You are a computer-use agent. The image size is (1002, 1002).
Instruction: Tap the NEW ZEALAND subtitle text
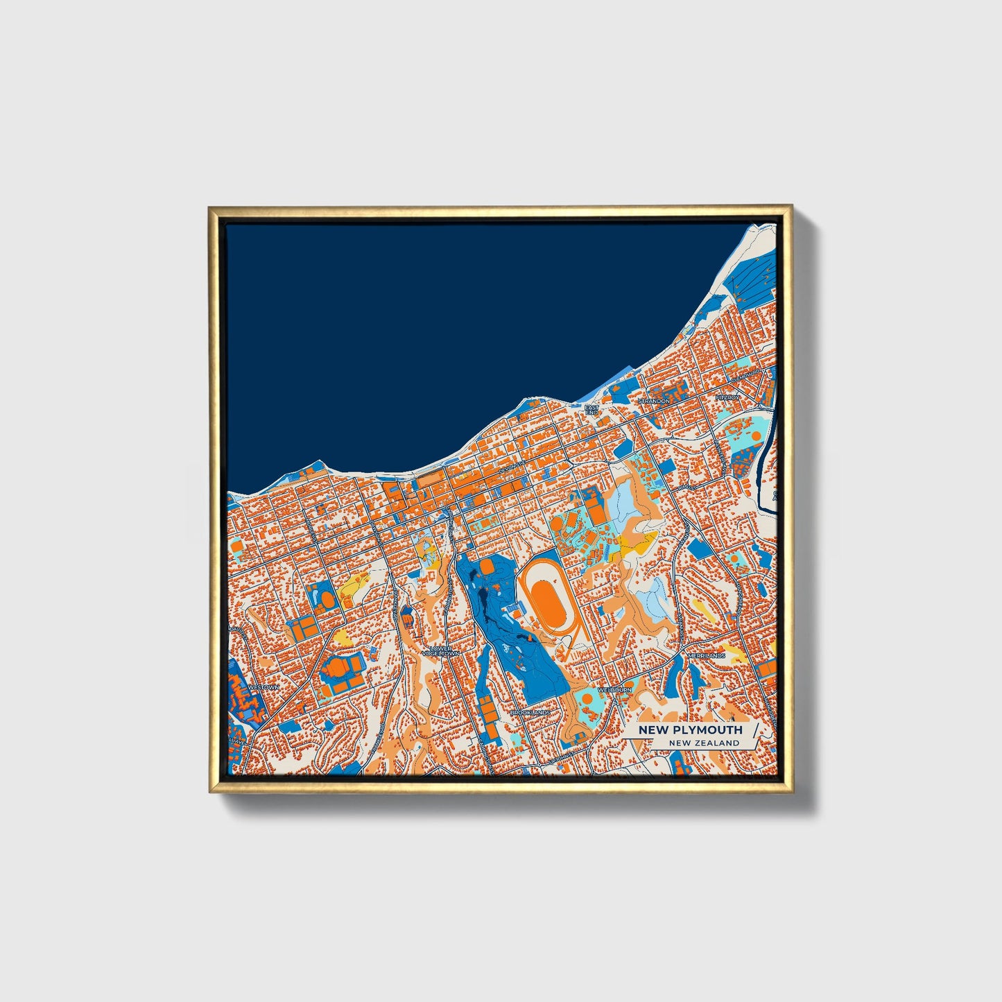[x=704, y=743]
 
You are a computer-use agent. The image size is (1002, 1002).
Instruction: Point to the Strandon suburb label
[x=654, y=401]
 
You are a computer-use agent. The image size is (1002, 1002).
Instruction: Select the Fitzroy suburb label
[x=728, y=397]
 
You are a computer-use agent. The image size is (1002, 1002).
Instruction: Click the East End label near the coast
[x=591, y=410]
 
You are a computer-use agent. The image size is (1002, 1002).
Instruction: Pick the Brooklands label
[x=530, y=712]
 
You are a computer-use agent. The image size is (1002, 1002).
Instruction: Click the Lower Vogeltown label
[x=440, y=651]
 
